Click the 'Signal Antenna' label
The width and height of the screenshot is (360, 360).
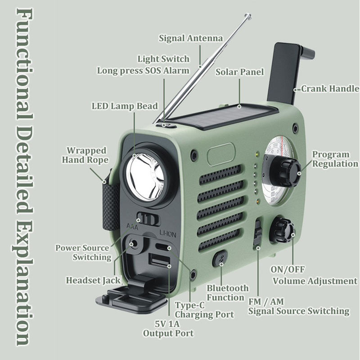pos(191,38)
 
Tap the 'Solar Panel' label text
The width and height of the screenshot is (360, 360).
pos(239,72)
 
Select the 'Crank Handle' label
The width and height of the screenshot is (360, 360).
pos(330,89)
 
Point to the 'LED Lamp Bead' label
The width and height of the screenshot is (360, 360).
pos(125,106)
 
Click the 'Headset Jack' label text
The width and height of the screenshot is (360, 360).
pos(93,280)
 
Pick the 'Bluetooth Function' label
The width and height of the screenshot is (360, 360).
pos(228,293)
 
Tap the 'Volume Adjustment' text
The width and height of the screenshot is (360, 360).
pos(315,281)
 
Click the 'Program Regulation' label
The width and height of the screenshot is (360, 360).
pos(335,159)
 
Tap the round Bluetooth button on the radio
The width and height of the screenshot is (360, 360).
pos(220,259)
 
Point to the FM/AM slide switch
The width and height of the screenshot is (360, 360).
pos(258,233)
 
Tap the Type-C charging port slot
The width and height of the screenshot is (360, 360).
pos(163,247)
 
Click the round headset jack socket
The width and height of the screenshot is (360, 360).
pos(134,243)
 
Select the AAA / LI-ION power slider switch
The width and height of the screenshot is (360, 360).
pos(148,219)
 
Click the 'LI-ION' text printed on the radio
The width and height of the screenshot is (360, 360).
pos(168,234)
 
